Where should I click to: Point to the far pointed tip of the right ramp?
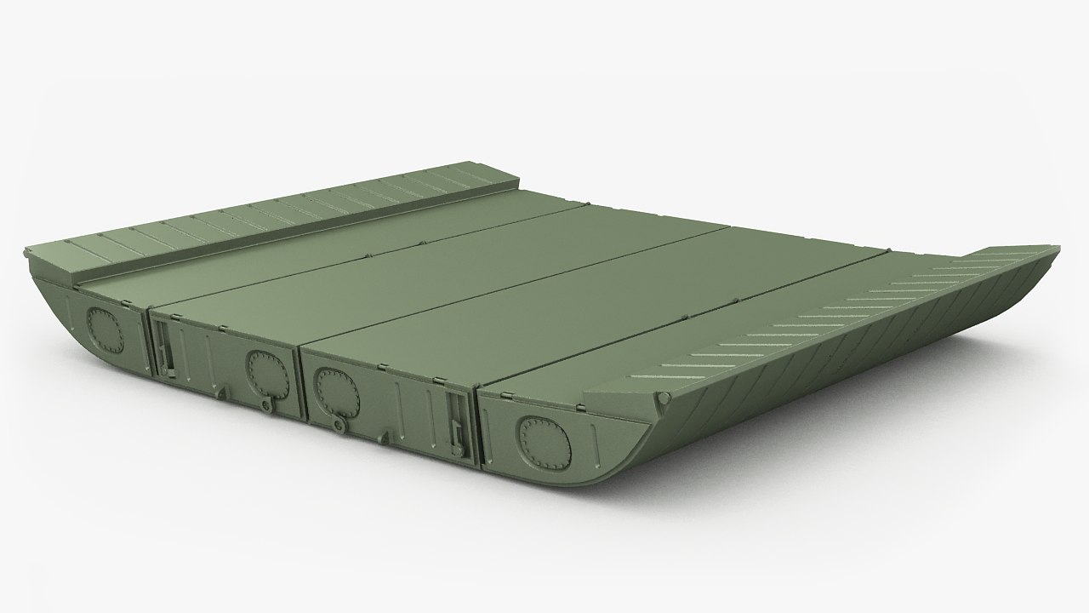click(1055, 249)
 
